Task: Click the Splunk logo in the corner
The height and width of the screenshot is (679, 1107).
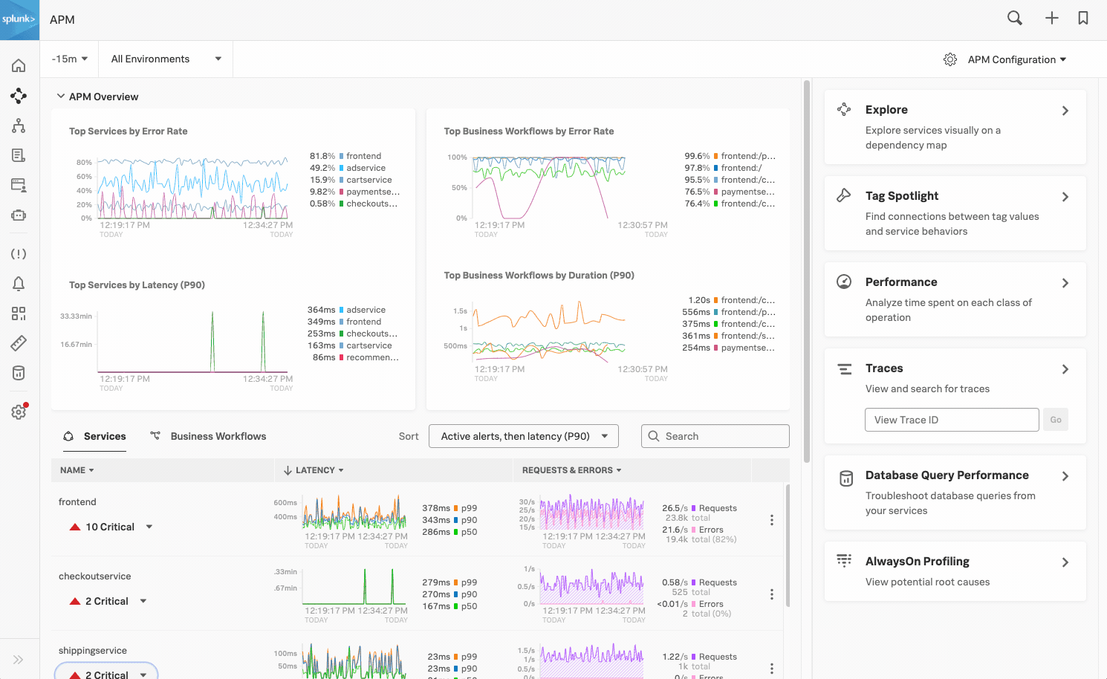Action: (19, 19)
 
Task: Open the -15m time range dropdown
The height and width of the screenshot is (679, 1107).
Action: (69, 59)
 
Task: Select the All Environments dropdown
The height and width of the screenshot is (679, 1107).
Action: (166, 59)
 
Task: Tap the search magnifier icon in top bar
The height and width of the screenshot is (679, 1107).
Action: (1014, 19)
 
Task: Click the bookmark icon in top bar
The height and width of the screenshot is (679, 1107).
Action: (1082, 19)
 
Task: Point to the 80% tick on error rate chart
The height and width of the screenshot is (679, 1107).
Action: (84, 162)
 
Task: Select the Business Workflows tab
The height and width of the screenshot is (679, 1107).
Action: (218, 436)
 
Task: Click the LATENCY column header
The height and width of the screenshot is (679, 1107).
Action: (314, 470)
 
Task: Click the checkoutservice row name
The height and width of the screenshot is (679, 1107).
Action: (94, 576)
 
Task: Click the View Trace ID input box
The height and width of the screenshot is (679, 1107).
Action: (951, 420)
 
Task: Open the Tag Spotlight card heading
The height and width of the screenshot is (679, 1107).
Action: (901, 195)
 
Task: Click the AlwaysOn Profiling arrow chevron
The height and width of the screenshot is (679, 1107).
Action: (1065, 562)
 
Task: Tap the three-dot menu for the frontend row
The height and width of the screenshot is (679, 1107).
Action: (771, 520)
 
